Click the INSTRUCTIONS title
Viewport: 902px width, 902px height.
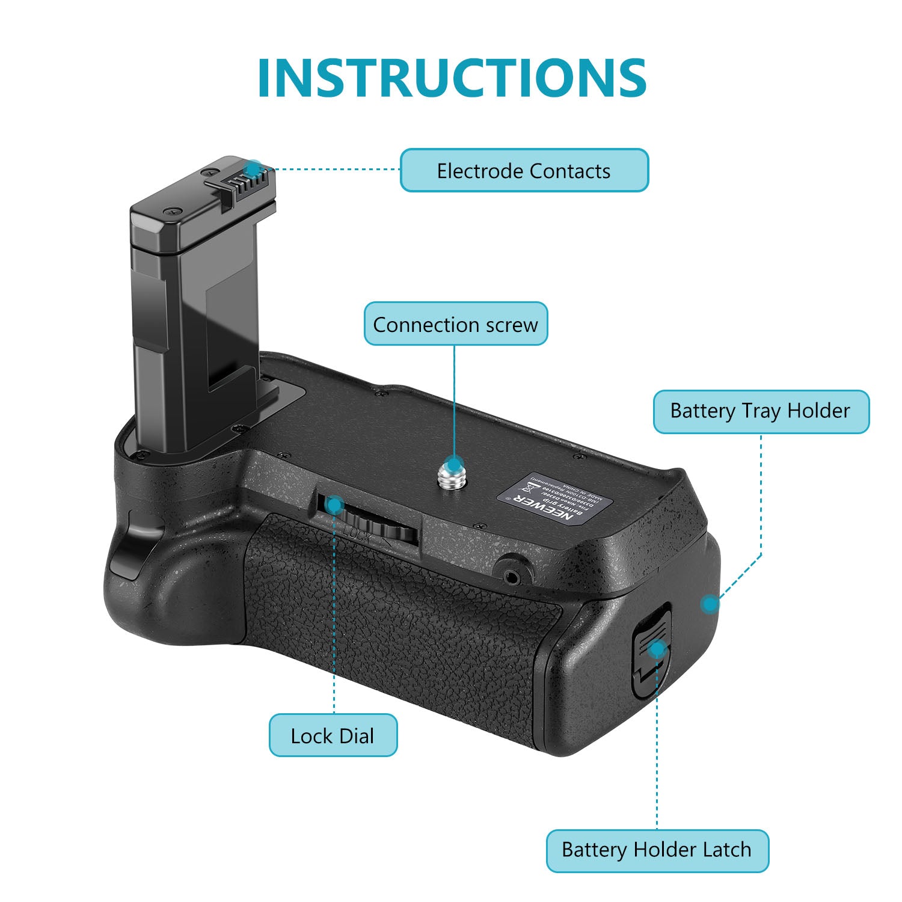(452, 78)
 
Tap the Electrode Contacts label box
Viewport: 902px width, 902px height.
(524, 171)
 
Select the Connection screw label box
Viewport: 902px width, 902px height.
(455, 325)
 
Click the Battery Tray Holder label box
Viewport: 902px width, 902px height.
(761, 411)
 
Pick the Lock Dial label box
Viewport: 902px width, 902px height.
(333, 735)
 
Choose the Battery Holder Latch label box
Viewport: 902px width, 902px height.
(657, 850)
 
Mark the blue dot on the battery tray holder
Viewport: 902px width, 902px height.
(710, 603)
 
